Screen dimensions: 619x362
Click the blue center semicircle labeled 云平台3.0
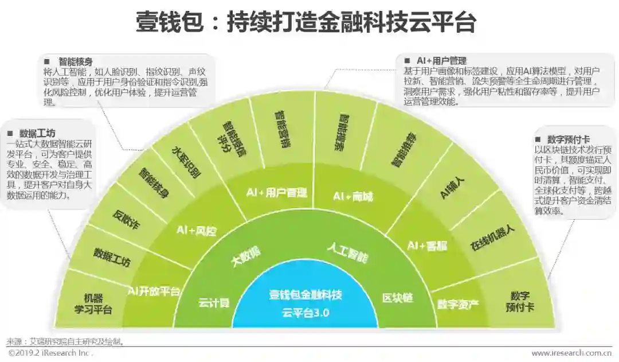click(305, 304)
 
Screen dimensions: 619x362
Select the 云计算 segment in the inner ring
click(214, 302)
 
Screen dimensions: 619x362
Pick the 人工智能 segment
click(347, 253)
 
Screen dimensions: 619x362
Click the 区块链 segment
click(397, 299)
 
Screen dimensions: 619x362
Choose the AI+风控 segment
click(197, 231)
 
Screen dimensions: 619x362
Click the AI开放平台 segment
click(154, 290)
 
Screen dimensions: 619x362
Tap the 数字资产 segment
click(457, 303)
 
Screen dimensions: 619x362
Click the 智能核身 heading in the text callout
click(76, 61)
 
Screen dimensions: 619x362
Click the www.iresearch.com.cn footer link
click(571, 353)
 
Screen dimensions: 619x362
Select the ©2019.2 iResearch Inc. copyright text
click(50, 353)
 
